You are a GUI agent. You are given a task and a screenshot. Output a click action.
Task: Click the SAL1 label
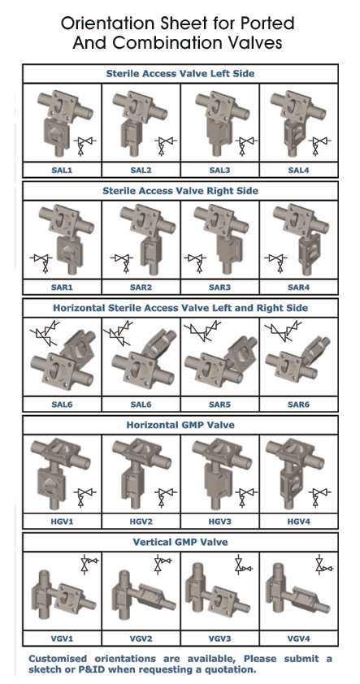tap(62, 170)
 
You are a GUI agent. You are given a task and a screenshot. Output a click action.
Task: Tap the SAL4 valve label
tap(298, 170)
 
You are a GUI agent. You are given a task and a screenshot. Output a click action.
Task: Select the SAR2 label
tap(141, 288)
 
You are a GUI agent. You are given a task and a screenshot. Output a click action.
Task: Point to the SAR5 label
tap(219, 405)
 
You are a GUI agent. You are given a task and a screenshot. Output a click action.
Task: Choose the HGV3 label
tap(219, 522)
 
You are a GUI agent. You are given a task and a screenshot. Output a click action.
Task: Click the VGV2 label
tap(141, 639)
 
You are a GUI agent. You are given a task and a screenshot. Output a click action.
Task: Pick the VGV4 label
tap(298, 639)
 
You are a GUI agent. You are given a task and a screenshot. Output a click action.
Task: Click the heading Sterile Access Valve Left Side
tap(180, 73)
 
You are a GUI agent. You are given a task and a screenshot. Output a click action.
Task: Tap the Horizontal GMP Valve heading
tap(180, 425)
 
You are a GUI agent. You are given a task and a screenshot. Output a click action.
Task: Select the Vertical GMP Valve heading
tap(180, 542)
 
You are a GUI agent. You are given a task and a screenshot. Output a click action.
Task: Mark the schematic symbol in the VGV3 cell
tap(242, 565)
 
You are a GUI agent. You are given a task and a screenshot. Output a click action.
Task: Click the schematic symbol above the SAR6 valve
tap(284, 331)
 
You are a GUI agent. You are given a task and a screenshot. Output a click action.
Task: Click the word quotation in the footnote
tap(231, 669)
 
